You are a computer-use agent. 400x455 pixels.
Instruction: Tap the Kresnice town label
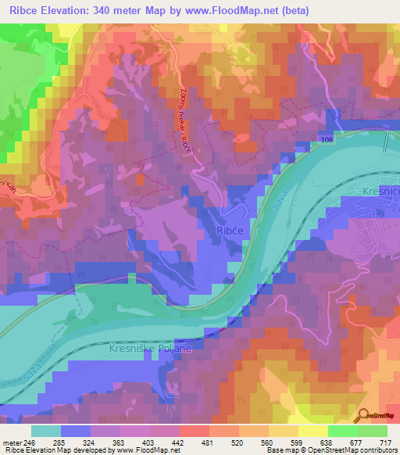[x=380, y=191]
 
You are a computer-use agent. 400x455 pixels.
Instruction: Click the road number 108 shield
[x=325, y=139]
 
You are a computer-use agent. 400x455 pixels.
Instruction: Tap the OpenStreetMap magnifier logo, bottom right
[x=363, y=417]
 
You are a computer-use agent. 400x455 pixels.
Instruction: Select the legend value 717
[x=386, y=442]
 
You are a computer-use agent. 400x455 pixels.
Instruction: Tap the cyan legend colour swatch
[x=47, y=431]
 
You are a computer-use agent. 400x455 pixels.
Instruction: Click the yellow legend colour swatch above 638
[x=312, y=431]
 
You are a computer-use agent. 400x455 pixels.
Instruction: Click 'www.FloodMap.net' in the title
[x=239, y=11]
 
